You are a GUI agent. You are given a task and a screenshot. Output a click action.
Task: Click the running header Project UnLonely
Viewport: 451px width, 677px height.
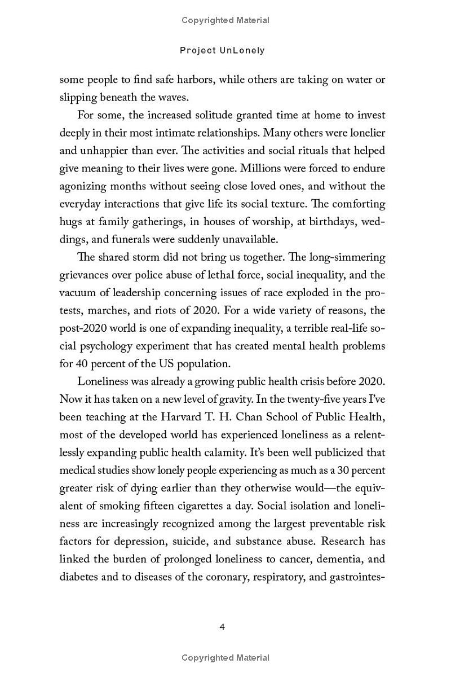coord(222,50)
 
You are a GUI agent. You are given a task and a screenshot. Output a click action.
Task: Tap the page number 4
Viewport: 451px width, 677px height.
coord(222,627)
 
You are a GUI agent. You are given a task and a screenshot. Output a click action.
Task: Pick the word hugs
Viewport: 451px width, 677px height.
coord(70,222)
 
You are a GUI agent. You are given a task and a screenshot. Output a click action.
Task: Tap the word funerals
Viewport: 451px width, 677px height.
coord(117,239)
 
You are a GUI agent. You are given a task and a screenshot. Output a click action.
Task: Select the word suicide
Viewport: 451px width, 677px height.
coord(183,542)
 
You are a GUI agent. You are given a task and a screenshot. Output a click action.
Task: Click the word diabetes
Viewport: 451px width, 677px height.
coord(78,577)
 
